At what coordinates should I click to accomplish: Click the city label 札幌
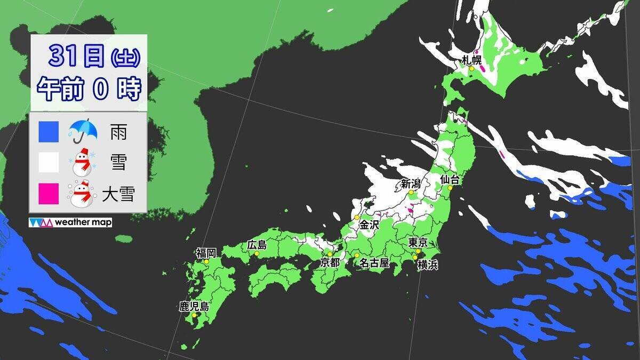coord(472,59)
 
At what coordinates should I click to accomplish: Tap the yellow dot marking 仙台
coord(450,188)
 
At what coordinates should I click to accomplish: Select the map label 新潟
coord(411,183)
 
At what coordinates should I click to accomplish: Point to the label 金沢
coord(369,225)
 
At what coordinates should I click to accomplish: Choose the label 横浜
coord(428,265)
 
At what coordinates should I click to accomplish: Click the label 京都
coord(330,263)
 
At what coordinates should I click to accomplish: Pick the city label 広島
coord(257,245)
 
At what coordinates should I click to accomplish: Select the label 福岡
coord(206,253)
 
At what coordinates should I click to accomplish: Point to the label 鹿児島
coord(194,307)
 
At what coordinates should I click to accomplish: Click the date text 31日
coord(77,56)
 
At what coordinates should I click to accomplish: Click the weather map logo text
coord(83,222)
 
